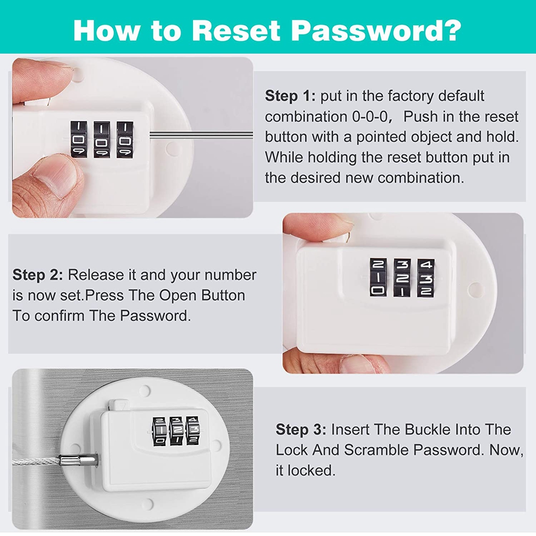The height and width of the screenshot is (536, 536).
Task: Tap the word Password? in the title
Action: (376, 31)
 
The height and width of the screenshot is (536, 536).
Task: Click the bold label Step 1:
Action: (290, 96)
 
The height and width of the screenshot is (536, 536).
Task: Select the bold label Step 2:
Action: (38, 275)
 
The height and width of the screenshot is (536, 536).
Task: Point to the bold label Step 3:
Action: (301, 430)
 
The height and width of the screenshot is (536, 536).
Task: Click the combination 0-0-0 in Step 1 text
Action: (370, 116)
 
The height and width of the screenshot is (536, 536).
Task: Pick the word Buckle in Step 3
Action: (403, 429)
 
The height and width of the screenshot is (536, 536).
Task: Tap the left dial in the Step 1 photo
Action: (78, 139)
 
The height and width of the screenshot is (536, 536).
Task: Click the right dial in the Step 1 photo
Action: (125, 139)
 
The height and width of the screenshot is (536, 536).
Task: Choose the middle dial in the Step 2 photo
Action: (402, 277)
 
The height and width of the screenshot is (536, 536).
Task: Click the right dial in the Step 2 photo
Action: (426, 278)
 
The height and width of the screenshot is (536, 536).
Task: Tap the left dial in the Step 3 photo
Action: (160, 431)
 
